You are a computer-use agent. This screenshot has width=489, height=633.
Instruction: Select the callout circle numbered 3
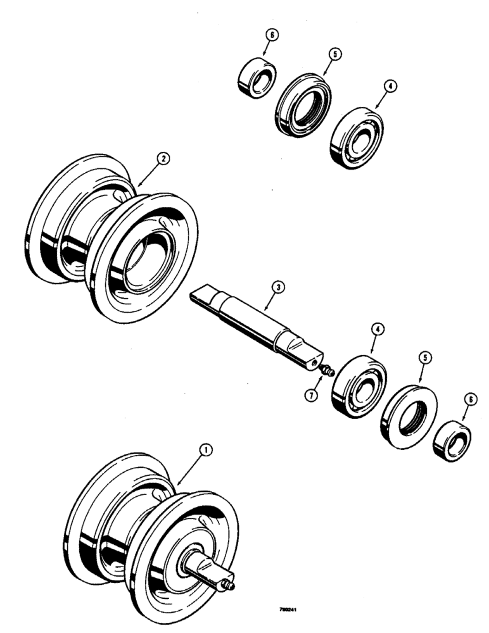pyautogui.click(x=276, y=287)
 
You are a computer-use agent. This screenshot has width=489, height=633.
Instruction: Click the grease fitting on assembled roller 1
pyautogui.click(x=231, y=586)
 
